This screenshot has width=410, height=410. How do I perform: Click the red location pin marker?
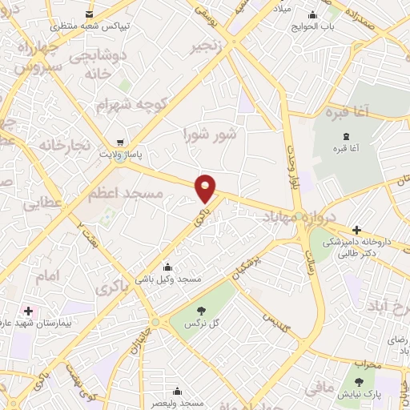pyautogui.click(x=207, y=188)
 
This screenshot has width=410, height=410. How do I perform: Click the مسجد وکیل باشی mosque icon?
pyautogui.click(x=167, y=267)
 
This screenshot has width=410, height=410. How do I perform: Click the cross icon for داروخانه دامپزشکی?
pyautogui.click(x=356, y=230)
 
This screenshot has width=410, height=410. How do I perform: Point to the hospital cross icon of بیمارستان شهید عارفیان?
pyautogui.click(x=29, y=310)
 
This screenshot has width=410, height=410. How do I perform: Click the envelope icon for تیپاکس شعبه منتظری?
pyautogui.click(x=87, y=14)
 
